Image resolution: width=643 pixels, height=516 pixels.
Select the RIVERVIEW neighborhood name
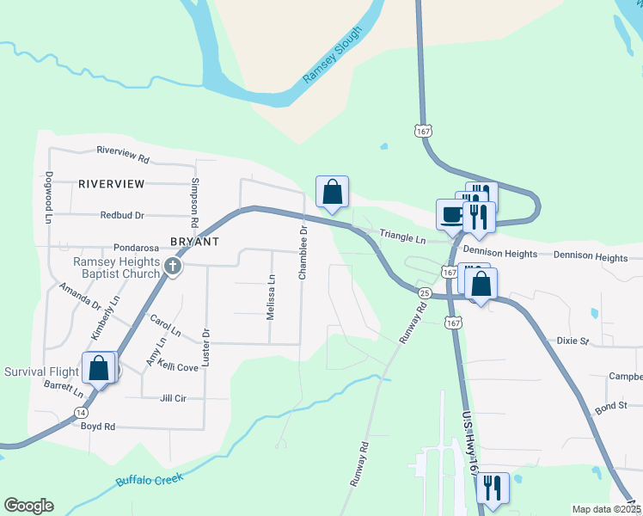point(111,184)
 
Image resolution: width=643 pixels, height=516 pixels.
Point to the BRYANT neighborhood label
point(195,243)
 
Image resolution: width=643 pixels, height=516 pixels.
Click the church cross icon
point(173,267)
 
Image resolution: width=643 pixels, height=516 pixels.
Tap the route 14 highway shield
point(80,413)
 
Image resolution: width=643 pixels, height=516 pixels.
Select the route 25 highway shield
point(424,293)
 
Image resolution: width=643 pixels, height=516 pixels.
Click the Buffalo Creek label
point(150,480)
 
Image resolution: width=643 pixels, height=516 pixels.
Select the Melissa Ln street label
point(271,297)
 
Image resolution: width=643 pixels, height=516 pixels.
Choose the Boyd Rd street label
point(97,427)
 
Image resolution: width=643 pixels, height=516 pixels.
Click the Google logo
point(28,506)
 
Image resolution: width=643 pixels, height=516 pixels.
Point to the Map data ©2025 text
point(605,509)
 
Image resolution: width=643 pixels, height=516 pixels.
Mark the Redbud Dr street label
point(121,215)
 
